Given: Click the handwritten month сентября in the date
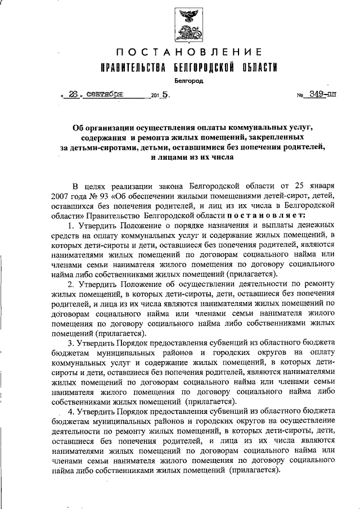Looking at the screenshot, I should click(x=107, y=95).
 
